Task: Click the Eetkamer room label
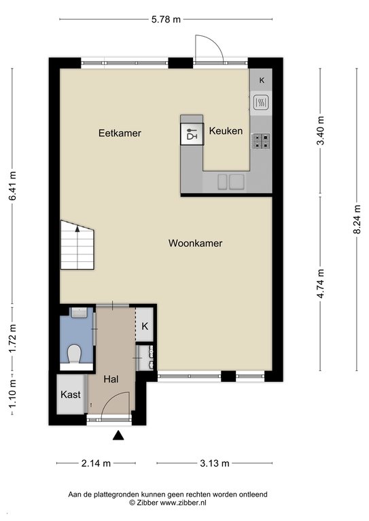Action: (120, 133)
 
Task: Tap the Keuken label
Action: (226, 131)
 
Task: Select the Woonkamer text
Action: (195, 244)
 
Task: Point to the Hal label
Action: (111, 379)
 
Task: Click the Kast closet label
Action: (71, 395)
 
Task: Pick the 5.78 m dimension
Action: (166, 19)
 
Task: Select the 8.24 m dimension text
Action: (357, 219)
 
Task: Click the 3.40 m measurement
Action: (321, 131)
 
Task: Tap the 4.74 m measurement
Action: (321, 284)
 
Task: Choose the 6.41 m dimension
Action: (13, 186)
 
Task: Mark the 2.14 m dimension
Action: (96, 463)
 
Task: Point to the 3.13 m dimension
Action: (215, 463)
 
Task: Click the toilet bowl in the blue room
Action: (74, 354)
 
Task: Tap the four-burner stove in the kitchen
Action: (261, 141)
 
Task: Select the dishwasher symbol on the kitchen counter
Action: (192, 134)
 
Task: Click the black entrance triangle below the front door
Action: (118, 436)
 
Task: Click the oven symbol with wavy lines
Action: (261, 102)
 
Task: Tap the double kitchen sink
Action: (231, 182)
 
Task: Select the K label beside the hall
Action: (145, 326)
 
